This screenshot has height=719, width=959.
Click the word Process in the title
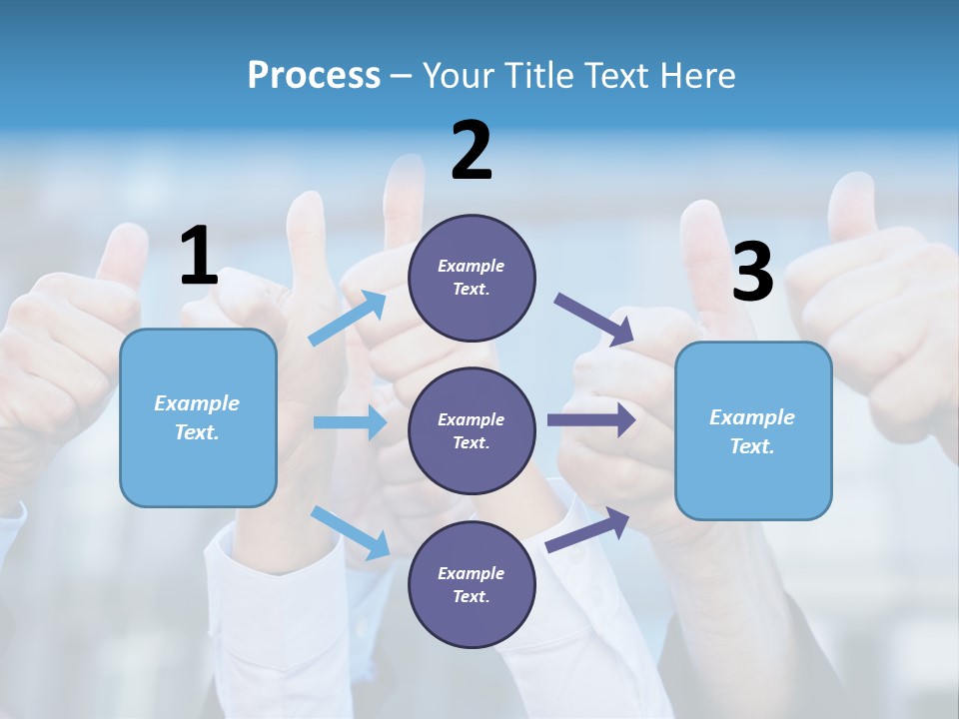coord(314,76)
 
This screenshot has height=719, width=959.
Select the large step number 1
coord(199,257)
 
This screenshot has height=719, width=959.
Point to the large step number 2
coord(472,152)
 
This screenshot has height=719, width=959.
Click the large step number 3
coord(752,273)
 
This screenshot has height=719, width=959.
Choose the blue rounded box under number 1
coord(198,417)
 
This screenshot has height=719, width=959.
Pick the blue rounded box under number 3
coord(753,430)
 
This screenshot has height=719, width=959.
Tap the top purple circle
coord(472,278)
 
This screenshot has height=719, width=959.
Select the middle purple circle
coord(472,430)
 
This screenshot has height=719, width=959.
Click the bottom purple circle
coord(472,584)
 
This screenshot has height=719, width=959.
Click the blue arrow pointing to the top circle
coord(348,319)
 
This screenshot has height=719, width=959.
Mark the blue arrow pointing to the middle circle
coord(350,422)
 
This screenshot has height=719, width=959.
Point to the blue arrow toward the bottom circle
coord(351,532)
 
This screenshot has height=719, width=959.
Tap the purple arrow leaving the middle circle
coord(591,419)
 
